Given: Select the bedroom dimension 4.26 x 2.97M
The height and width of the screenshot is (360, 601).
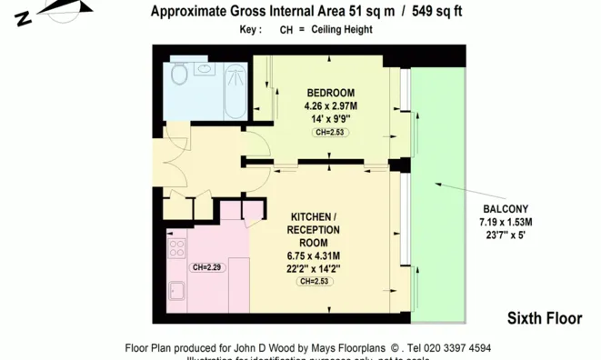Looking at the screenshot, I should click(x=330, y=105).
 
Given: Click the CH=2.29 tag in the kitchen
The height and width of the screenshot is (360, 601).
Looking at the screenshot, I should click(x=207, y=267).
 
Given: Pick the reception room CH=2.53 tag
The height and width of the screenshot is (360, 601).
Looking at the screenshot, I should click(x=314, y=282).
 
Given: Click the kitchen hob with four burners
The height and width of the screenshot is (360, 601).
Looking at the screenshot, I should click(x=176, y=246).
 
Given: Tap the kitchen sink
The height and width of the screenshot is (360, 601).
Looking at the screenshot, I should click(x=175, y=293).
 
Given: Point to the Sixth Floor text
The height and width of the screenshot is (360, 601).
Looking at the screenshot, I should click(x=544, y=318).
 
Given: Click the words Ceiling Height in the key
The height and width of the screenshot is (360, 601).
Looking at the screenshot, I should click(x=341, y=29).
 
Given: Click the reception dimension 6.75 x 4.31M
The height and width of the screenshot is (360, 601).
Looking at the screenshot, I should click(x=314, y=255).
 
